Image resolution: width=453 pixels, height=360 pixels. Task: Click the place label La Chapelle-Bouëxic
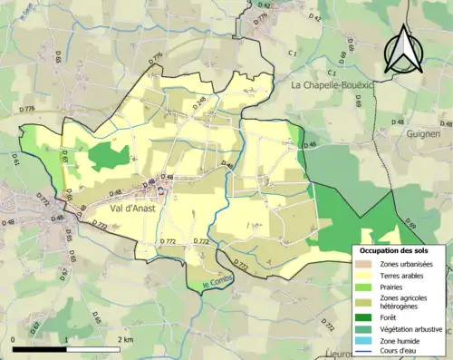[333, 84]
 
